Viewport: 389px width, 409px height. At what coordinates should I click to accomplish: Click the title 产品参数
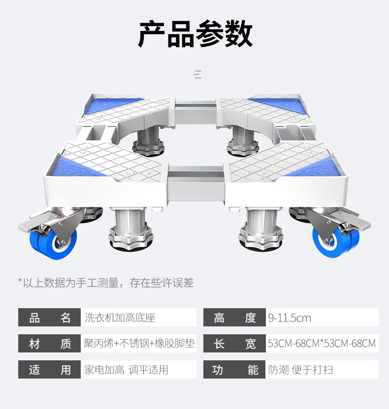[195, 34]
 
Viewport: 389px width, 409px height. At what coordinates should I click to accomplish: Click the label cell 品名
[49, 318]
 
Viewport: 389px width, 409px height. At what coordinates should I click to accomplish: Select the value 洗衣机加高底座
[120, 318]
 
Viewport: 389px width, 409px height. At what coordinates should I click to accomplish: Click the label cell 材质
[49, 343]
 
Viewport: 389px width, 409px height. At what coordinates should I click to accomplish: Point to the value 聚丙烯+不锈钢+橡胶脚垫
[139, 343]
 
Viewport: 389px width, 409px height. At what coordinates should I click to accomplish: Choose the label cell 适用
[49, 369]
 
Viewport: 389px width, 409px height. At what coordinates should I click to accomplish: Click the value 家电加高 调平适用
[126, 369]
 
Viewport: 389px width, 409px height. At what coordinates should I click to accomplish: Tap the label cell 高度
[234, 318]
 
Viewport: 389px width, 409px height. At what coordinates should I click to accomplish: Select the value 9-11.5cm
[290, 318]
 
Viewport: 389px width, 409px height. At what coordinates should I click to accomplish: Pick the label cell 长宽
[234, 343]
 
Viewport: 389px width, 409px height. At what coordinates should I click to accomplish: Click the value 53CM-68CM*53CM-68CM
[322, 343]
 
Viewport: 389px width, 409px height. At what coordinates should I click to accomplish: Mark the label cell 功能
[234, 369]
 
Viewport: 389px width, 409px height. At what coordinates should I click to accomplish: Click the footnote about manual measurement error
[105, 282]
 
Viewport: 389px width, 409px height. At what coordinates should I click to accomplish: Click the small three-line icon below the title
[197, 74]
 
